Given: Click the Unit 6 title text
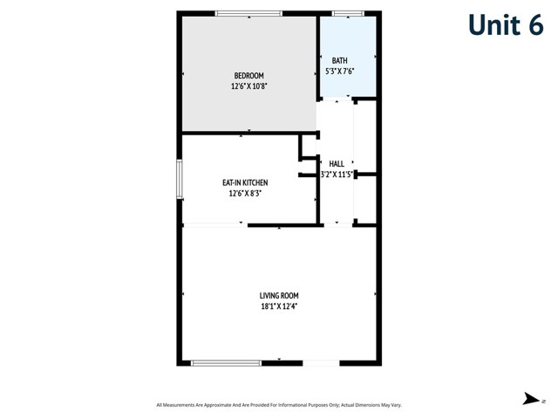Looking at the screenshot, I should [505, 24].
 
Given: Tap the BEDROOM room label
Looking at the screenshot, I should [248, 76].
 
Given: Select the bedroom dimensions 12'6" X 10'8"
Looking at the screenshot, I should [248, 86].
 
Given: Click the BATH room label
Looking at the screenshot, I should [339, 60].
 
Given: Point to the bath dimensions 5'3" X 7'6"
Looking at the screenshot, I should [339, 71].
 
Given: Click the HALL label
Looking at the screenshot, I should [337, 163].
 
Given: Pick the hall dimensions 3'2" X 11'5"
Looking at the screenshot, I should [337, 174].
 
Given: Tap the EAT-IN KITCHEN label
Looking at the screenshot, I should [244, 182].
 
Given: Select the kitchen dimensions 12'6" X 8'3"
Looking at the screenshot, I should [244, 193].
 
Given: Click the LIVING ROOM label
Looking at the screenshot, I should [279, 296].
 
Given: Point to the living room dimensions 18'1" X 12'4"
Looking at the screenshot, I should [279, 306].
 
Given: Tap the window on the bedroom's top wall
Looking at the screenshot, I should [248, 13].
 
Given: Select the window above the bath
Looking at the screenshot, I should [348, 13].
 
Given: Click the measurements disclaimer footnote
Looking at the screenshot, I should [279, 405].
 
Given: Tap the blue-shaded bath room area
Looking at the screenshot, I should [348, 44].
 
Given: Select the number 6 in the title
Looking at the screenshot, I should [534, 24].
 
